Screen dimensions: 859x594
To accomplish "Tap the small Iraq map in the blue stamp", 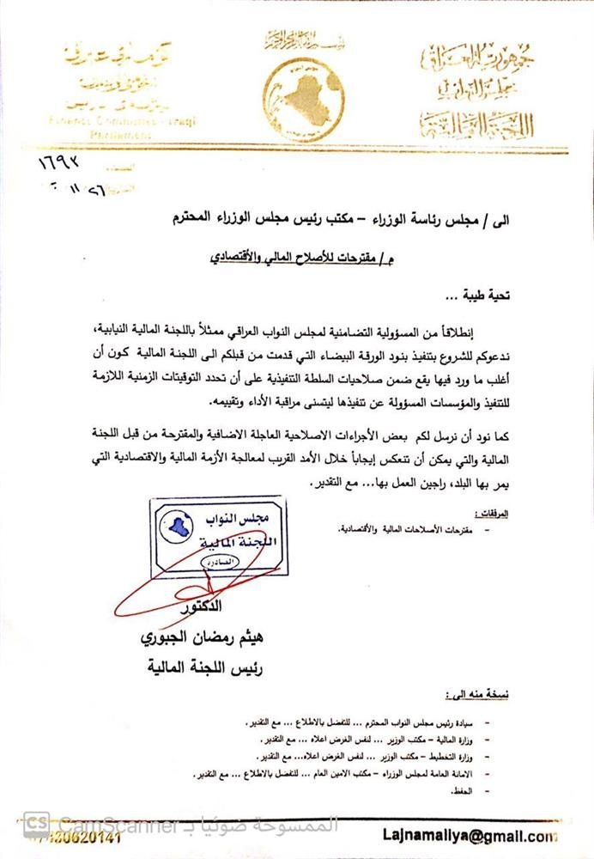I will [x=177, y=525].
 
